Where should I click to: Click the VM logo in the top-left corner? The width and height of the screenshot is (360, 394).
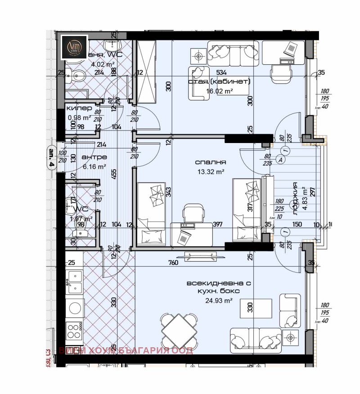(x=75, y=47)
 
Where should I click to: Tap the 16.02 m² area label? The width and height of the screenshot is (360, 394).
(x=220, y=91)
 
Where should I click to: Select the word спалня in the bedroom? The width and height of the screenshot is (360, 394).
(x=211, y=162)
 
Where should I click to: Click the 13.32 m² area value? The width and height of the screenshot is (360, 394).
(x=211, y=171)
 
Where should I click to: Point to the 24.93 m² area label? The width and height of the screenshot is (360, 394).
(x=219, y=300)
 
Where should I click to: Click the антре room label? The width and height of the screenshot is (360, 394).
(x=94, y=157)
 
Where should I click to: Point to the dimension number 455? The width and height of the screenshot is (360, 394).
(x=114, y=175)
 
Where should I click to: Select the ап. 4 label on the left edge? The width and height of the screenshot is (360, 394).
(x=52, y=158)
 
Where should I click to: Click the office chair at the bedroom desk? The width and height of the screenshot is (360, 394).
(x=193, y=212)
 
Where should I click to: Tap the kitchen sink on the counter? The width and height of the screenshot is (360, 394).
(x=74, y=279)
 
